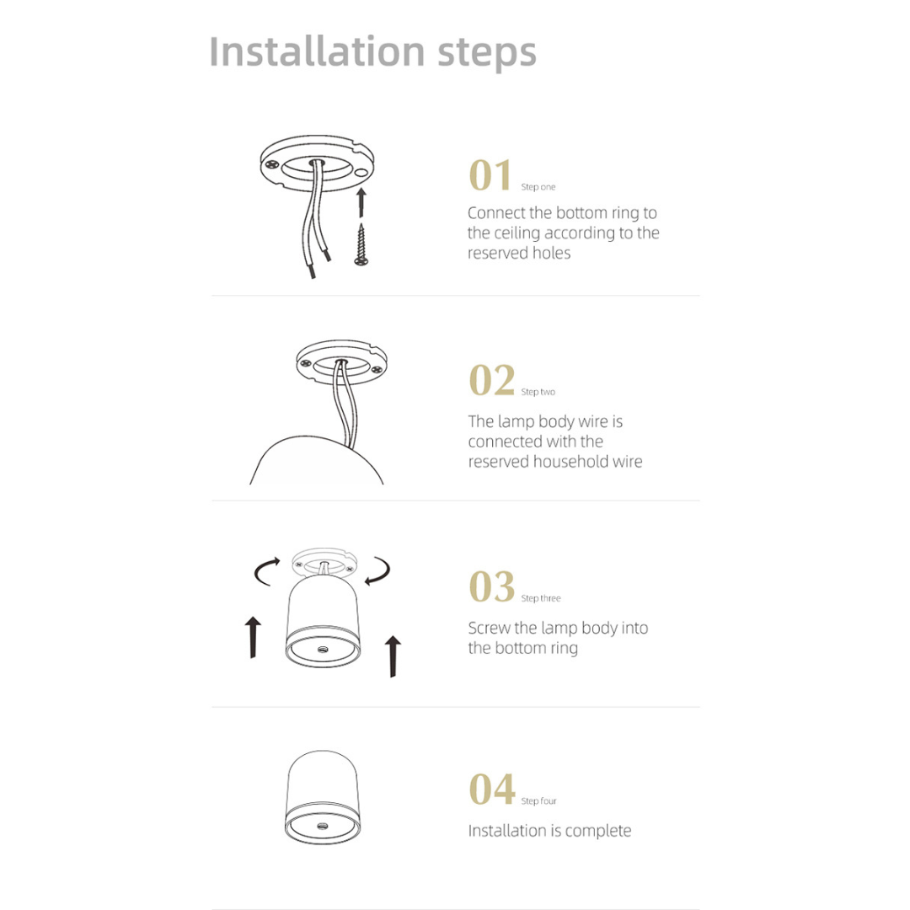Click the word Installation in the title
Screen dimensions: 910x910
pos(316,51)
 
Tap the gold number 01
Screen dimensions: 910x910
pos(490,175)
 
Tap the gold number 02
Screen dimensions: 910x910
pos(491,380)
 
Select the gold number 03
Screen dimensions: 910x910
pos(491,586)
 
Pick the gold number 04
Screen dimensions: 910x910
pos(491,790)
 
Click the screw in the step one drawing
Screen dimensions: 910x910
pos(361,245)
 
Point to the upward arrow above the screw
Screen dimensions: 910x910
pos(361,202)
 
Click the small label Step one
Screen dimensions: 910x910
pos(538,187)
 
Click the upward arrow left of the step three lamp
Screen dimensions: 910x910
pos(253,637)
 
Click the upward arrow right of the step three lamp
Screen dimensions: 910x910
pos(392,656)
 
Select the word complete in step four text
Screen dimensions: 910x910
pos(597,831)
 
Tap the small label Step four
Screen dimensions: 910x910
pos(538,801)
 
